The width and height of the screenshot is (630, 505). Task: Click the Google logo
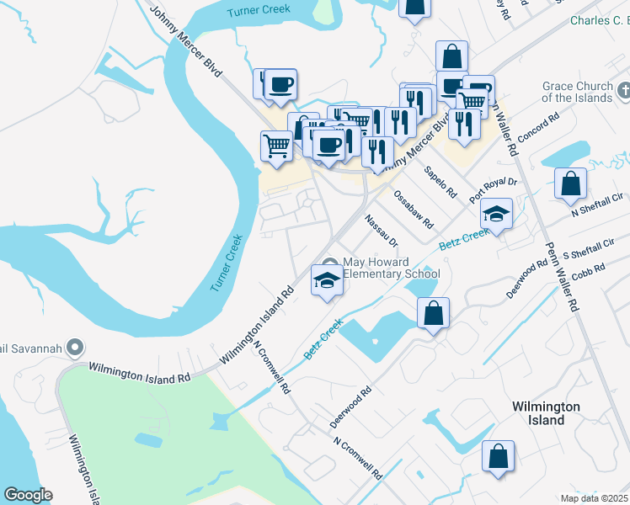[x=28, y=495]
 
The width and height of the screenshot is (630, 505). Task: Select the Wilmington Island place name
[x=547, y=413]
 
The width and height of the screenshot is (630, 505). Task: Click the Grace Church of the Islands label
[x=577, y=92]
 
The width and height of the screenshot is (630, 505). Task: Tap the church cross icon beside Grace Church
[x=624, y=89]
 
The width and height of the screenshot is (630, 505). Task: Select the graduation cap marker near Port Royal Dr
[x=497, y=214]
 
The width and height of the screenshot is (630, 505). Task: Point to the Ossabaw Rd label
[x=413, y=210]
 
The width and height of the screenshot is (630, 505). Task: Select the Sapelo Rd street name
[x=440, y=182]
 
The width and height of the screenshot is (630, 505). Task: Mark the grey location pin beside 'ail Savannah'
[x=75, y=347]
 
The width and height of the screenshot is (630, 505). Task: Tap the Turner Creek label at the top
[x=259, y=9]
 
